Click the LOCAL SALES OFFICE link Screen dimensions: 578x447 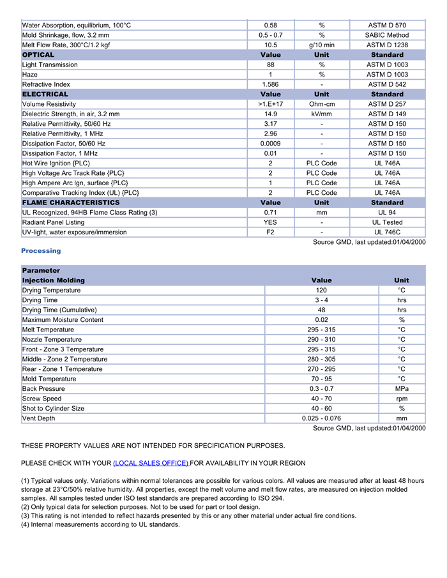pyautogui.click(x=151, y=463)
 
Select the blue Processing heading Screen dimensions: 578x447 pyautogui.click(x=41, y=251)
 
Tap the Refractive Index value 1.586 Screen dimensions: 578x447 pyautogui.click(x=270, y=84)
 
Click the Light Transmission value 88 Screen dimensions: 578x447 pyautogui.click(x=270, y=65)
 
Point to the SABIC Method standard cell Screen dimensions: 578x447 pyautogui.click(x=387, y=35)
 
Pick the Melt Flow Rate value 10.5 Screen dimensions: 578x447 pyautogui.click(x=270, y=45)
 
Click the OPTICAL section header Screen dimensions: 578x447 pyautogui.click(x=38, y=55)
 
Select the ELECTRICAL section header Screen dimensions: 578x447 pyautogui.click(x=45, y=95)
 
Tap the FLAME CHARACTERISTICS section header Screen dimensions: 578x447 pyautogui.click(x=71, y=202)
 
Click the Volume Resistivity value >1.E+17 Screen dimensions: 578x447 pyautogui.click(x=270, y=104)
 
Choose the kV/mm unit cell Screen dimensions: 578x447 pyautogui.click(x=322, y=114)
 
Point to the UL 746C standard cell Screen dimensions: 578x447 pyautogui.click(x=387, y=232)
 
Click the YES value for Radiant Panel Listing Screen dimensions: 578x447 pyautogui.click(x=270, y=222)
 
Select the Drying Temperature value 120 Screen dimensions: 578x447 pyautogui.click(x=321, y=291)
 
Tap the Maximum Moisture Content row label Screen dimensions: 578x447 pyautogui.click(x=63, y=320)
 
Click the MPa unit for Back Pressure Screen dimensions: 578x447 pyautogui.click(x=402, y=389)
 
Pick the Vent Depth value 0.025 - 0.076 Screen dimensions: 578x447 pyautogui.click(x=321, y=418)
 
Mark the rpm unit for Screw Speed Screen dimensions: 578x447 pyautogui.click(x=402, y=399)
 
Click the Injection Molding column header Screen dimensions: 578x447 pyautogui.click(x=54, y=280)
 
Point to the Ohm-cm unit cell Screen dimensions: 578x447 pyautogui.click(x=322, y=104)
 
